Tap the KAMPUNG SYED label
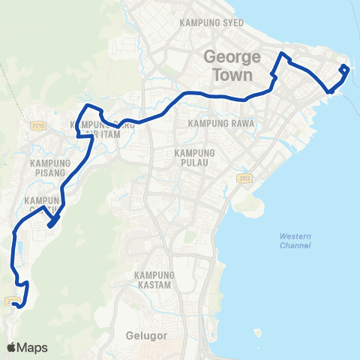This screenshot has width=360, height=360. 212,23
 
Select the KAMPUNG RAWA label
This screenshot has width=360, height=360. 223,123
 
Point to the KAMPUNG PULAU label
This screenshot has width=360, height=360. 195,158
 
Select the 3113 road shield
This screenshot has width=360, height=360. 244,178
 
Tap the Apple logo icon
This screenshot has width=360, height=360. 10,347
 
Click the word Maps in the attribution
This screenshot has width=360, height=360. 32,347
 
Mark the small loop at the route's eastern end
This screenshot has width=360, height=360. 343,70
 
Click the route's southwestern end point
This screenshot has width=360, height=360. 16,304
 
